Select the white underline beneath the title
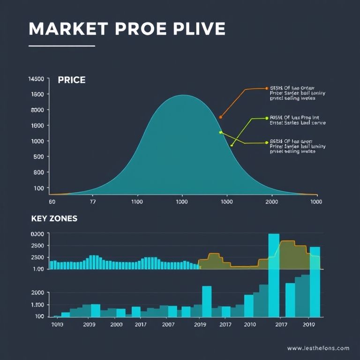click(x=62, y=46)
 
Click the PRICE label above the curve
click(x=71, y=80)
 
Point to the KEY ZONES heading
click(x=54, y=218)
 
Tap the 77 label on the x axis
click(x=92, y=202)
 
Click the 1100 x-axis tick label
click(x=137, y=202)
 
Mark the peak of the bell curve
click(x=183, y=96)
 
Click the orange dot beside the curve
click(x=220, y=117)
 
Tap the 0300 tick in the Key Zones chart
click(x=37, y=234)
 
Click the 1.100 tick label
click(x=37, y=305)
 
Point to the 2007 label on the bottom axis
click(x=169, y=324)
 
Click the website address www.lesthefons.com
click(x=318, y=348)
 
